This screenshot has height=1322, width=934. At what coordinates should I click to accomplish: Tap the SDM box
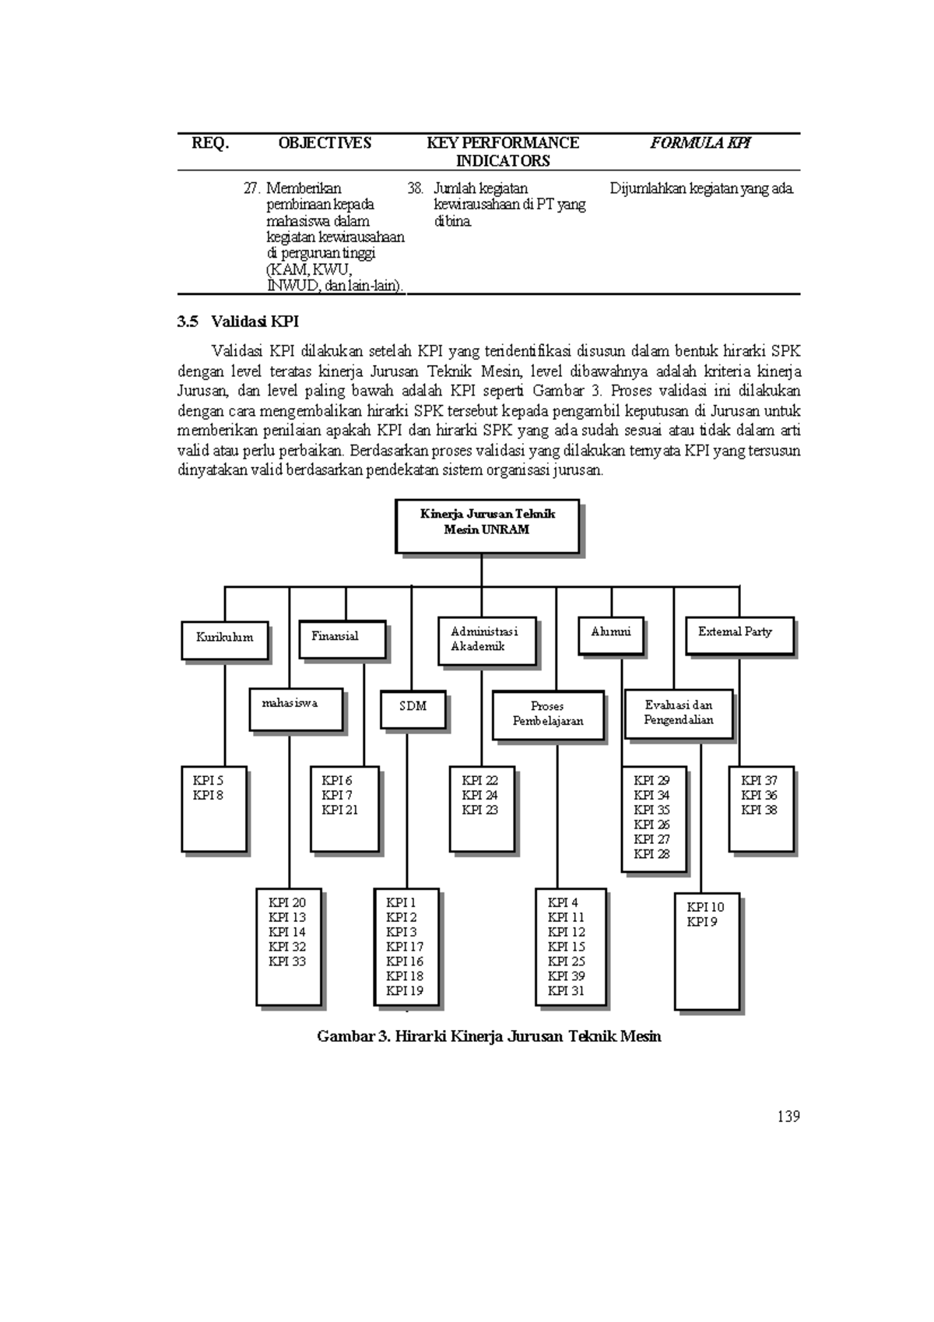click(x=413, y=708)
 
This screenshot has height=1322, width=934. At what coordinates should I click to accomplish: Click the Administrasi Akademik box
click(x=486, y=642)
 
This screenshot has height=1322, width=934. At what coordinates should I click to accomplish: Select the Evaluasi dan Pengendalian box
click(x=679, y=713)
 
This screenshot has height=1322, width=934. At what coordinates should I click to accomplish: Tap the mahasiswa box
click(x=296, y=708)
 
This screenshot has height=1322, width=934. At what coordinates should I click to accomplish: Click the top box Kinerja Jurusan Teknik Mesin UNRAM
click(x=487, y=525)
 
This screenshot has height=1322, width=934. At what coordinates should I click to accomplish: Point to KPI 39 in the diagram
click(x=566, y=976)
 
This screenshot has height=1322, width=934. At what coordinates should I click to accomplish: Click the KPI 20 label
click(x=287, y=902)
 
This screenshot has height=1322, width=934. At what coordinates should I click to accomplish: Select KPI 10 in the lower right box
click(x=705, y=907)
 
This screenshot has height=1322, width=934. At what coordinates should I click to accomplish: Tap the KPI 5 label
click(x=208, y=780)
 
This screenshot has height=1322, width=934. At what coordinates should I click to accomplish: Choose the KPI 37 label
click(x=759, y=780)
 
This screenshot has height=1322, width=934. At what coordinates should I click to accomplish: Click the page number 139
click(x=788, y=1116)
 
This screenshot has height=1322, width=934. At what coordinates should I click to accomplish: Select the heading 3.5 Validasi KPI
click(x=238, y=322)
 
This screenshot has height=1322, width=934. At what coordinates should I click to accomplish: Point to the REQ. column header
click(x=211, y=143)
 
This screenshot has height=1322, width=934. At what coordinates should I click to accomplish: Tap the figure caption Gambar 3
click(x=489, y=1036)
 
